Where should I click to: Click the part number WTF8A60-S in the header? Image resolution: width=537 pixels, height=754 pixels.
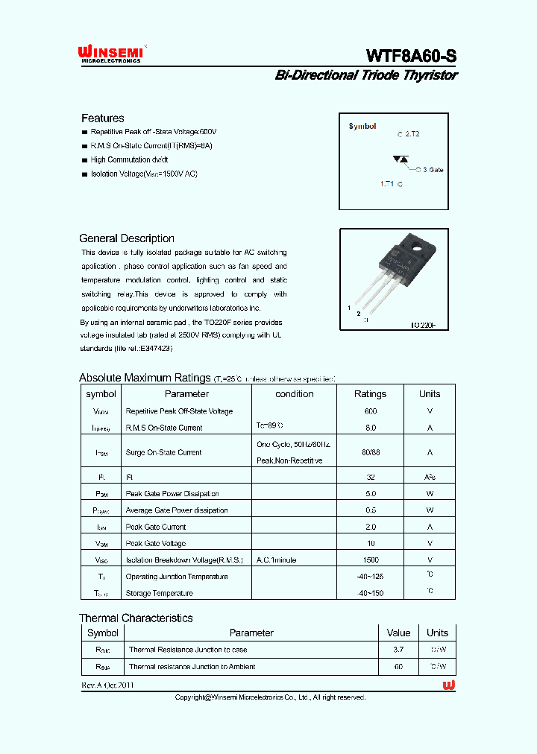pyautogui.click(x=411, y=56)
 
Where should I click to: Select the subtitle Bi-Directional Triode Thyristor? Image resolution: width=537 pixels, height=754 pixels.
pyautogui.click(x=366, y=75)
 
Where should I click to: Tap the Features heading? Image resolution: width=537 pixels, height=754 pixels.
pyautogui.click(x=102, y=118)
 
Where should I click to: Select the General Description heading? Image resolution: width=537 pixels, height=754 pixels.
pyautogui.click(x=127, y=238)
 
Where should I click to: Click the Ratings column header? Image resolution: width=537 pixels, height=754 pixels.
pyautogui.click(x=370, y=394)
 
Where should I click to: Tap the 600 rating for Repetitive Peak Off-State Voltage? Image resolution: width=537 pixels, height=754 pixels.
pyautogui.click(x=371, y=411)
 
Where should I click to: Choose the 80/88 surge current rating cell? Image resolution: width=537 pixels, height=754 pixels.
pyautogui.click(x=371, y=452)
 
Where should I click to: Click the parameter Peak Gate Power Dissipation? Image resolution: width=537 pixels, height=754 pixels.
pyautogui.click(x=172, y=494)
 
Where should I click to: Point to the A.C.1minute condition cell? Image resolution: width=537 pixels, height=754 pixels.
pyautogui.click(x=277, y=560)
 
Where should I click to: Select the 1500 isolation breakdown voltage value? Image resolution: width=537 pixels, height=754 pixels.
pyautogui.click(x=371, y=560)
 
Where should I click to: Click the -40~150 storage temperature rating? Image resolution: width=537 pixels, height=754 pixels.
pyautogui.click(x=370, y=593)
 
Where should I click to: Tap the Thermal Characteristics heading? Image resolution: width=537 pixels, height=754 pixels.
pyautogui.click(x=136, y=618)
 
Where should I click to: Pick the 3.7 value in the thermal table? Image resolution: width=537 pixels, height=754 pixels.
pyautogui.click(x=399, y=650)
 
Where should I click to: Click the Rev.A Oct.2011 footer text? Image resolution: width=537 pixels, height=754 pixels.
pyautogui.click(x=108, y=685)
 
